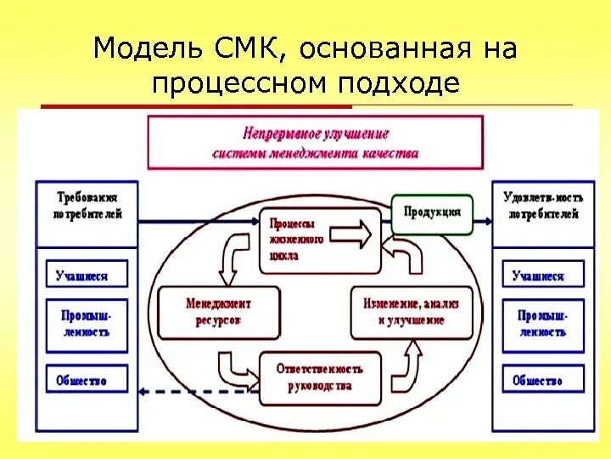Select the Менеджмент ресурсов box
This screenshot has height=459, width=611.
point(218,312)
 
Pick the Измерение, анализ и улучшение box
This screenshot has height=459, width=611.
point(412,312)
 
